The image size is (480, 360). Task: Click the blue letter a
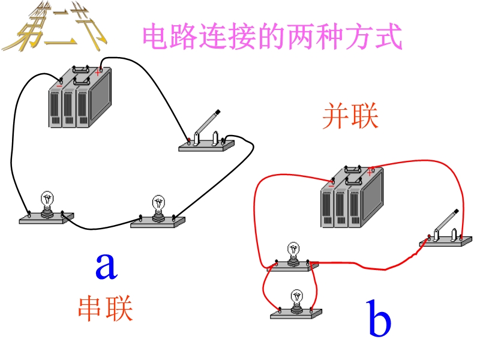coord(106,266)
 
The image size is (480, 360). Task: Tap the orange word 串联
coord(105,308)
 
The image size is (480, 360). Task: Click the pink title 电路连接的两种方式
coord(271,37)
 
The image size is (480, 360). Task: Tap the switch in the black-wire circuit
coord(207,135)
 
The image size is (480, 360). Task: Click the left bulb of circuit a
coord(47,207)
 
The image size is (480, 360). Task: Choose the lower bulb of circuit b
coord(296,303)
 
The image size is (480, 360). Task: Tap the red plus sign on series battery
coord(98,72)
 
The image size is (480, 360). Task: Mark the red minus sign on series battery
coord(59,86)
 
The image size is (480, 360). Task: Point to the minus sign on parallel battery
coord(331,185)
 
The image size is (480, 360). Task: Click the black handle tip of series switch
coord(218,112)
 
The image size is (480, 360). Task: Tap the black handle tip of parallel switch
coord(456,211)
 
